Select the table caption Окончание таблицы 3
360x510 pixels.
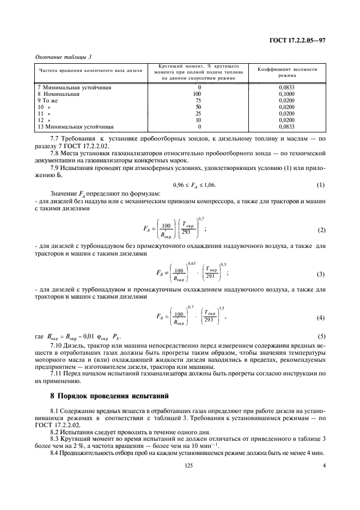point(63,57)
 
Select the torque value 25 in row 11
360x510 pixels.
point(199,114)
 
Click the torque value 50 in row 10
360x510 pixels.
point(199,107)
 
